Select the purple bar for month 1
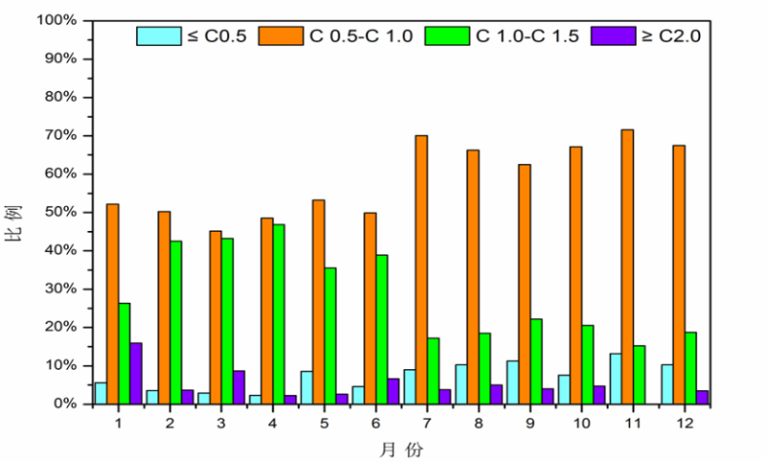[136, 373]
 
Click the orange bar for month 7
[421, 269]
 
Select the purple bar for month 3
[240, 387]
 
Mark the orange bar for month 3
[215, 317]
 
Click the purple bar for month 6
[394, 391]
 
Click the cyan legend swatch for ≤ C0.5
[153, 36]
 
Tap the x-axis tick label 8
[477, 422]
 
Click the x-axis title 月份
[400, 448]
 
